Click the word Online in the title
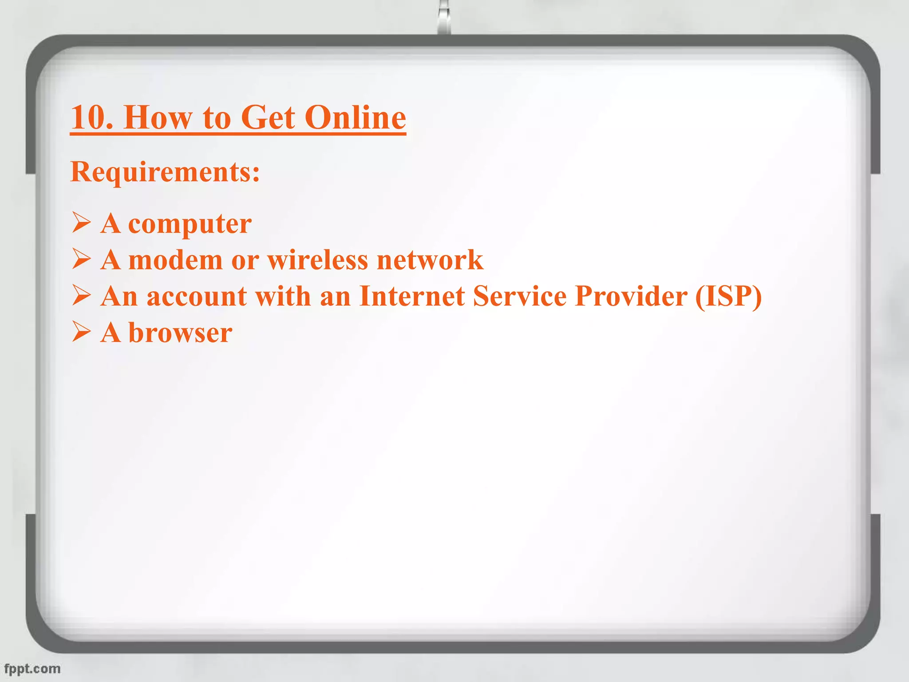point(355,117)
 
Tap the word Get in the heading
point(268,117)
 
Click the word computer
point(190,224)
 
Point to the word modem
point(175,260)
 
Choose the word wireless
point(317,260)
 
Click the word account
point(197,296)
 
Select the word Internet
point(412,296)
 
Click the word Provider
point(631,296)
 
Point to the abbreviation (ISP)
point(728,296)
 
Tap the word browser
point(180,333)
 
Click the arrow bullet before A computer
point(81,222)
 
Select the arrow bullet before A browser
point(81,332)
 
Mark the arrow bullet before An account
point(81,295)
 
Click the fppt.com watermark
point(32,669)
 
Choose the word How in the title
point(158,117)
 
